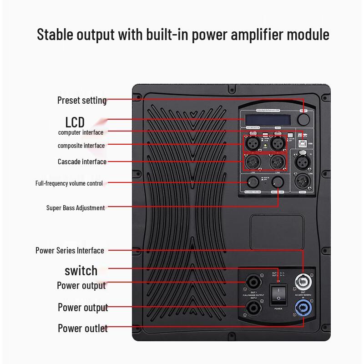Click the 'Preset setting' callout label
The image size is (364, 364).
(82, 100)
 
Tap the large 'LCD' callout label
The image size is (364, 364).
(75, 122)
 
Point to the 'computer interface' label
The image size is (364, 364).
(81, 132)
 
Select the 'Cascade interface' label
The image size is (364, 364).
(82, 162)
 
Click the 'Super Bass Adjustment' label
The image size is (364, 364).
(76, 208)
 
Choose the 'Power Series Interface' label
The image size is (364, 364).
(70, 251)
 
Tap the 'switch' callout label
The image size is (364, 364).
(81, 271)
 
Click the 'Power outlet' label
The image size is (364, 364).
(83, 329)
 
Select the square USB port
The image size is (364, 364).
(302, 143)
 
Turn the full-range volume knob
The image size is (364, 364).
(252, 183)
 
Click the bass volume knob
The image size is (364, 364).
(277, 183)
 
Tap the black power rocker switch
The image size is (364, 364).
(278, 294)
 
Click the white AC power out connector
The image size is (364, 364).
(302, 281)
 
